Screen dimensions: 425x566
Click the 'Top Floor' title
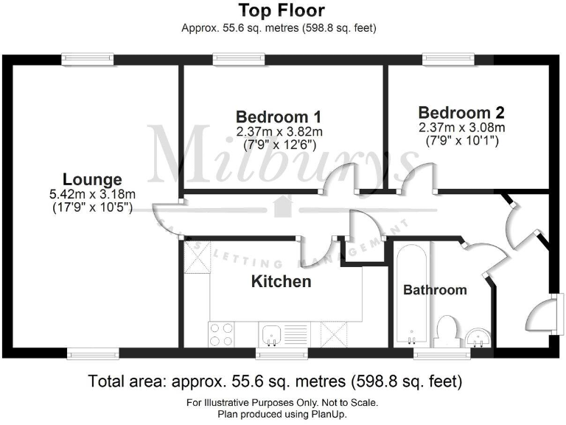click(282, 11)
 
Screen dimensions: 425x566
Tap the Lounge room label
click(92, 179)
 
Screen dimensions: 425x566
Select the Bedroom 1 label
click(279, 117)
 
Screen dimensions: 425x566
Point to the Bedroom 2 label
click(461, 113)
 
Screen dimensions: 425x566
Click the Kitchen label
click(281, 281)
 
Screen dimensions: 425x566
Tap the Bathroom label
click(435, 290)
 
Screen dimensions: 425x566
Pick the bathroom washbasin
click(480, 339)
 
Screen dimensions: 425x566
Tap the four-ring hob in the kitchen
click(222, 334)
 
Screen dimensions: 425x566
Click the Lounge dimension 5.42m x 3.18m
click(93, 194)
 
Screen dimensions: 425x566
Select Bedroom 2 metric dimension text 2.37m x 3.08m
click(461, 128)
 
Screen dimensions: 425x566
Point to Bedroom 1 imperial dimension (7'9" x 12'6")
click(279, 145)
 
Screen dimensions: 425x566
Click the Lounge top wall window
click(88, 58)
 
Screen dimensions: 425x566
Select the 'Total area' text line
click(274, 381)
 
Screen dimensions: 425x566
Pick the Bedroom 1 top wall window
click(239, 58)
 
